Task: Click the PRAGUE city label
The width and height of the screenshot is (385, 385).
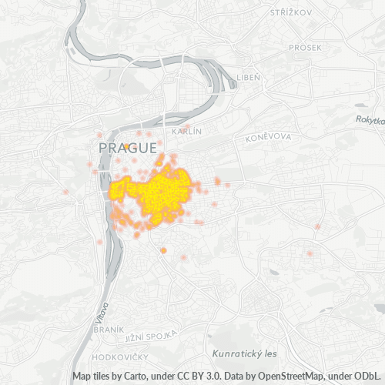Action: point(128,146)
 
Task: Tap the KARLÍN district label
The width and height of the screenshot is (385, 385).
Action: point(187,132)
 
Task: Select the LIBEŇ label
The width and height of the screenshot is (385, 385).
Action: point(249,78)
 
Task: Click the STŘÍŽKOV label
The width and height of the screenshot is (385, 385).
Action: point(290,12)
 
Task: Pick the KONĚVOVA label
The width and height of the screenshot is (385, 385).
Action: point(268,138)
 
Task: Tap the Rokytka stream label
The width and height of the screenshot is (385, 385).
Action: point(370,119)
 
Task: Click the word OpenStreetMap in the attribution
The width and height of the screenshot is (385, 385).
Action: point(288,377)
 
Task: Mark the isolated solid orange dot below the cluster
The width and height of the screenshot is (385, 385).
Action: point(163,250)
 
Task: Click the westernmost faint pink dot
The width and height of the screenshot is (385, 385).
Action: point(67,192)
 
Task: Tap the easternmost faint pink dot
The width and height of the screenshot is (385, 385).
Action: point(317,226)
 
